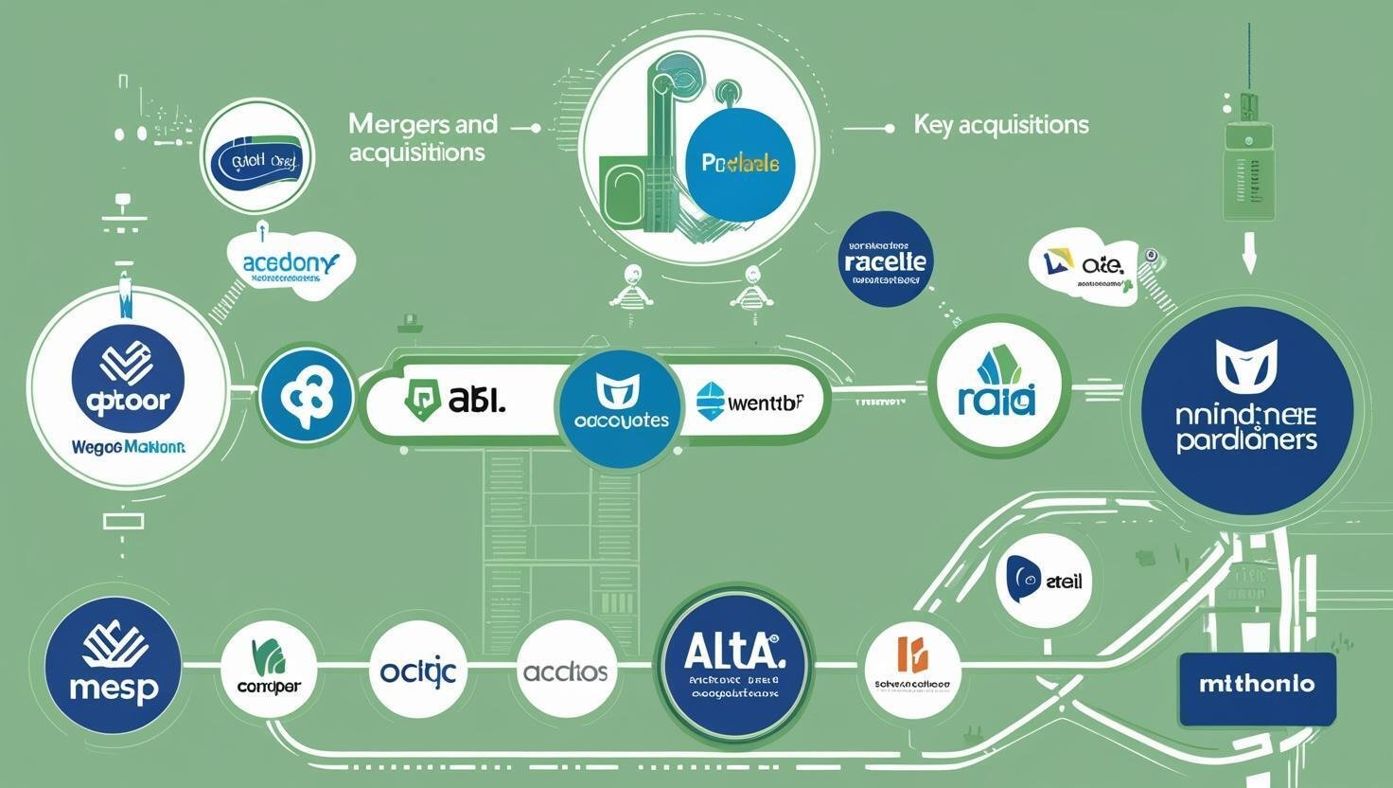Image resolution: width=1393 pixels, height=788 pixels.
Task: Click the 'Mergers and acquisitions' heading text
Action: (x=423, y=137)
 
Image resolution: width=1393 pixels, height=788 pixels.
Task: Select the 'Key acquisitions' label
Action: (x=1001, y=125)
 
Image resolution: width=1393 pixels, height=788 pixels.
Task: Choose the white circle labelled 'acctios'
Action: (x=566, y=672)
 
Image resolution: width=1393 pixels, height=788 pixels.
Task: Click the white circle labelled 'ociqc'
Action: (x=417, y=672)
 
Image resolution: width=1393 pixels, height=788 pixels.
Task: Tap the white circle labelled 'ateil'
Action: (x=1044, y=579)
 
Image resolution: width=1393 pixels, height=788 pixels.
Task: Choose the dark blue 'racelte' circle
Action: (x=886, y=260)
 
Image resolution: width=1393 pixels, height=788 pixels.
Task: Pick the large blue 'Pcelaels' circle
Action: (x=741, y=163)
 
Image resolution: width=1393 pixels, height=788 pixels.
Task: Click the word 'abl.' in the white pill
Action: (x=476, y=401)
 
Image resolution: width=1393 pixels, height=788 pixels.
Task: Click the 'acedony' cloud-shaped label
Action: (x=291, y=264)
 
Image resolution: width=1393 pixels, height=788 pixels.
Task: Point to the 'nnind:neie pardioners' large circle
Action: (x=1246, y=410)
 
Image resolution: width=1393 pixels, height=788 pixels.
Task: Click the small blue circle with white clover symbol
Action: (x=306, y=397)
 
